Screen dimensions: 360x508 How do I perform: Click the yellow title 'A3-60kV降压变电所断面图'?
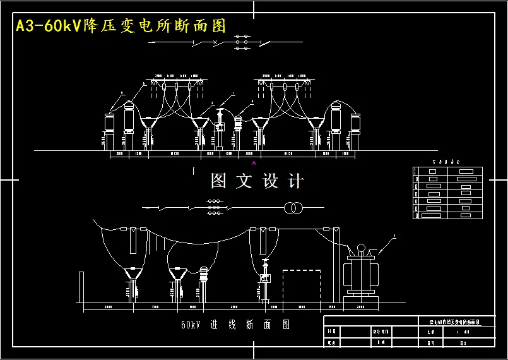(121, 26)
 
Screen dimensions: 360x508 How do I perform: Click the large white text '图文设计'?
(257, 182)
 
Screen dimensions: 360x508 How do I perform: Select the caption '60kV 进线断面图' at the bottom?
(235, 325)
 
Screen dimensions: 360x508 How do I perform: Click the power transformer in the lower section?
(362, 273)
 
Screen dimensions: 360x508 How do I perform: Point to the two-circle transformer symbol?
(292, 208)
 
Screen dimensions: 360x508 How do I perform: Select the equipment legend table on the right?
(447, 193)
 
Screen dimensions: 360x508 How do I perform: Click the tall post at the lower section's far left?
(81, 289)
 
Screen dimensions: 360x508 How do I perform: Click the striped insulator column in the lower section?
(204, 277)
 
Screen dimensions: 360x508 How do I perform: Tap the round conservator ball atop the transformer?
(362, 248)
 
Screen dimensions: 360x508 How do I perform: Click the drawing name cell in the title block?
(449, 322)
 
